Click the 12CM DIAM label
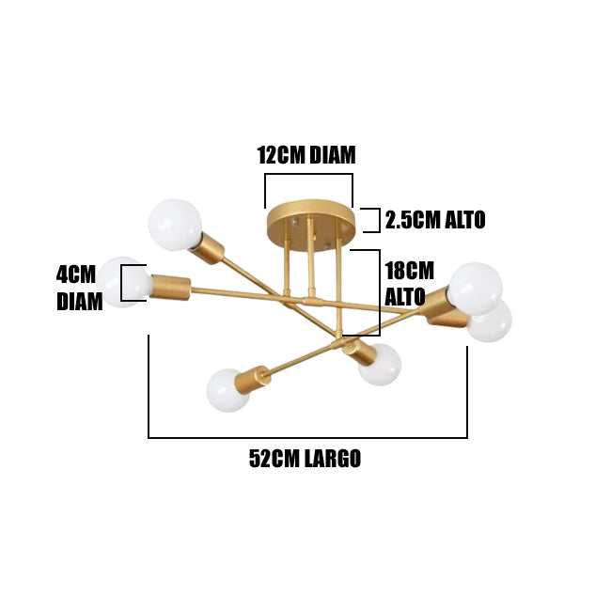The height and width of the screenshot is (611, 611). point(306,155)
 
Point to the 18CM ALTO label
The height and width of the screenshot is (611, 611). point(408,282)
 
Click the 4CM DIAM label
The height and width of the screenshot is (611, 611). point(76,288)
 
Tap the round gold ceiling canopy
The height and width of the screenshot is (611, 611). point(310,219)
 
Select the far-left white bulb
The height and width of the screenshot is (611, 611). point(124,282)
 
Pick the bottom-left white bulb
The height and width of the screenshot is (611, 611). point(227,389)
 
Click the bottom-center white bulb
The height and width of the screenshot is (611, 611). point(379,366)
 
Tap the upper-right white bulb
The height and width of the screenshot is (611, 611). point(476,287)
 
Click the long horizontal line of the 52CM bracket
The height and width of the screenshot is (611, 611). point(307,437)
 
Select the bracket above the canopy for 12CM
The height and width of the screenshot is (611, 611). point(308,175)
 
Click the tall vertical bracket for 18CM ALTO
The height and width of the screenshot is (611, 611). point(378,292)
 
